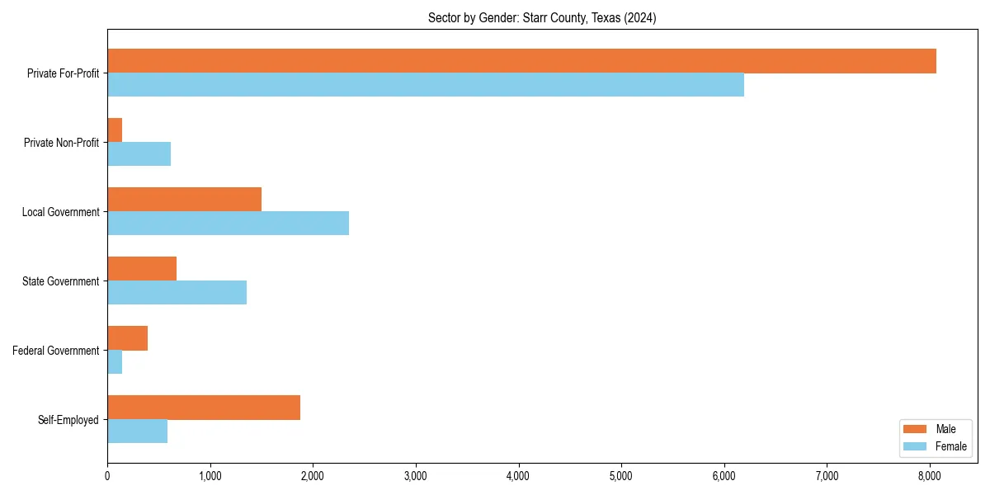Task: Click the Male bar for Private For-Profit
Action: coord(521,61)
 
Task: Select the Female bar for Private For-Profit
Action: coord(426,85)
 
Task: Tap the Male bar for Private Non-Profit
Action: coord(115,130)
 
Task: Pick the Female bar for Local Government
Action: coord(228,224)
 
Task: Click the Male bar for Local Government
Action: coord(184,200)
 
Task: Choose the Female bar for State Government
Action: coord(177,293)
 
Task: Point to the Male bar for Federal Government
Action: coord(127,338)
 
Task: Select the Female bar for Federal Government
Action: coord(115,362)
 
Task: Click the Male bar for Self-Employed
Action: coord(204,408)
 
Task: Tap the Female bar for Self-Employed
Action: coord(137,431)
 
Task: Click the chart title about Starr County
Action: coord(542,18)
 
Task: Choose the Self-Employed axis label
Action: coord(68,420)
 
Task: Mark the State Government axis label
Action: coord(61,281)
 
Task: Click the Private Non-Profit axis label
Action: coord(62,143)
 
